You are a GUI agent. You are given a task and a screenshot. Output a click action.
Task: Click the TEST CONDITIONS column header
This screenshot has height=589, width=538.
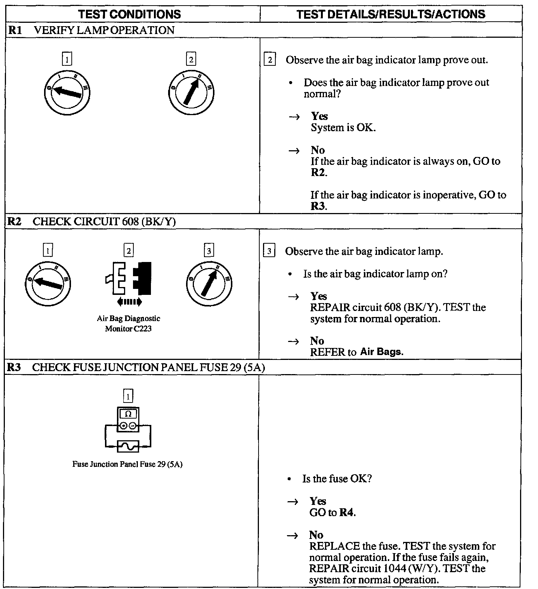point(129,14)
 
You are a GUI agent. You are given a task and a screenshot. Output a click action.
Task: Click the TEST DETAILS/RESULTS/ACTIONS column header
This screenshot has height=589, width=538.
point(390,14)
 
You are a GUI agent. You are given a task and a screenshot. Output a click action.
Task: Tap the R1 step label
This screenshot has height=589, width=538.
point(15,30)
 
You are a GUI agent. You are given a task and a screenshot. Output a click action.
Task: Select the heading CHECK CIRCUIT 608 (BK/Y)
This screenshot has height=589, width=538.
point(104,222)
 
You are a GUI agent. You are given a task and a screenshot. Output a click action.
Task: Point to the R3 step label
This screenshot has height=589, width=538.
point(14,367)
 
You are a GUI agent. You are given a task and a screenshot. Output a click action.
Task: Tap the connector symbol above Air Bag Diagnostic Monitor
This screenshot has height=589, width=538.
point(129,278)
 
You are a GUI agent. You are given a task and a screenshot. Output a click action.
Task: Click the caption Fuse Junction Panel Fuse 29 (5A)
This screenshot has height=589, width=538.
point(127,465)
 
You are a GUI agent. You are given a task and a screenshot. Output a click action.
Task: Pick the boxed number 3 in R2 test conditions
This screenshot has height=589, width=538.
point(209,250)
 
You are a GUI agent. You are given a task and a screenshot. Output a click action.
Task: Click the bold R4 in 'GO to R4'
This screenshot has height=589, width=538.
point(346,512)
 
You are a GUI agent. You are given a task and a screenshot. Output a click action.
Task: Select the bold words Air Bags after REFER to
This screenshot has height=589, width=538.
point(381,352)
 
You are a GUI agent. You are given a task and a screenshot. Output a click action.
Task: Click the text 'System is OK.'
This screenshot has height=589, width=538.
point(343,128)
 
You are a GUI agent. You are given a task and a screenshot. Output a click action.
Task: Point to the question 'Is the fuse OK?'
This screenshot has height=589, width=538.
point(337,479)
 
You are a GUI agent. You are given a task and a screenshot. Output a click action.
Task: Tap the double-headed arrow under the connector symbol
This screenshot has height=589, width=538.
point(129,302)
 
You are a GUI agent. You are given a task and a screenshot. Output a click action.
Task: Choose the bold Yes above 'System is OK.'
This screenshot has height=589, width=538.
point(319,116)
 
